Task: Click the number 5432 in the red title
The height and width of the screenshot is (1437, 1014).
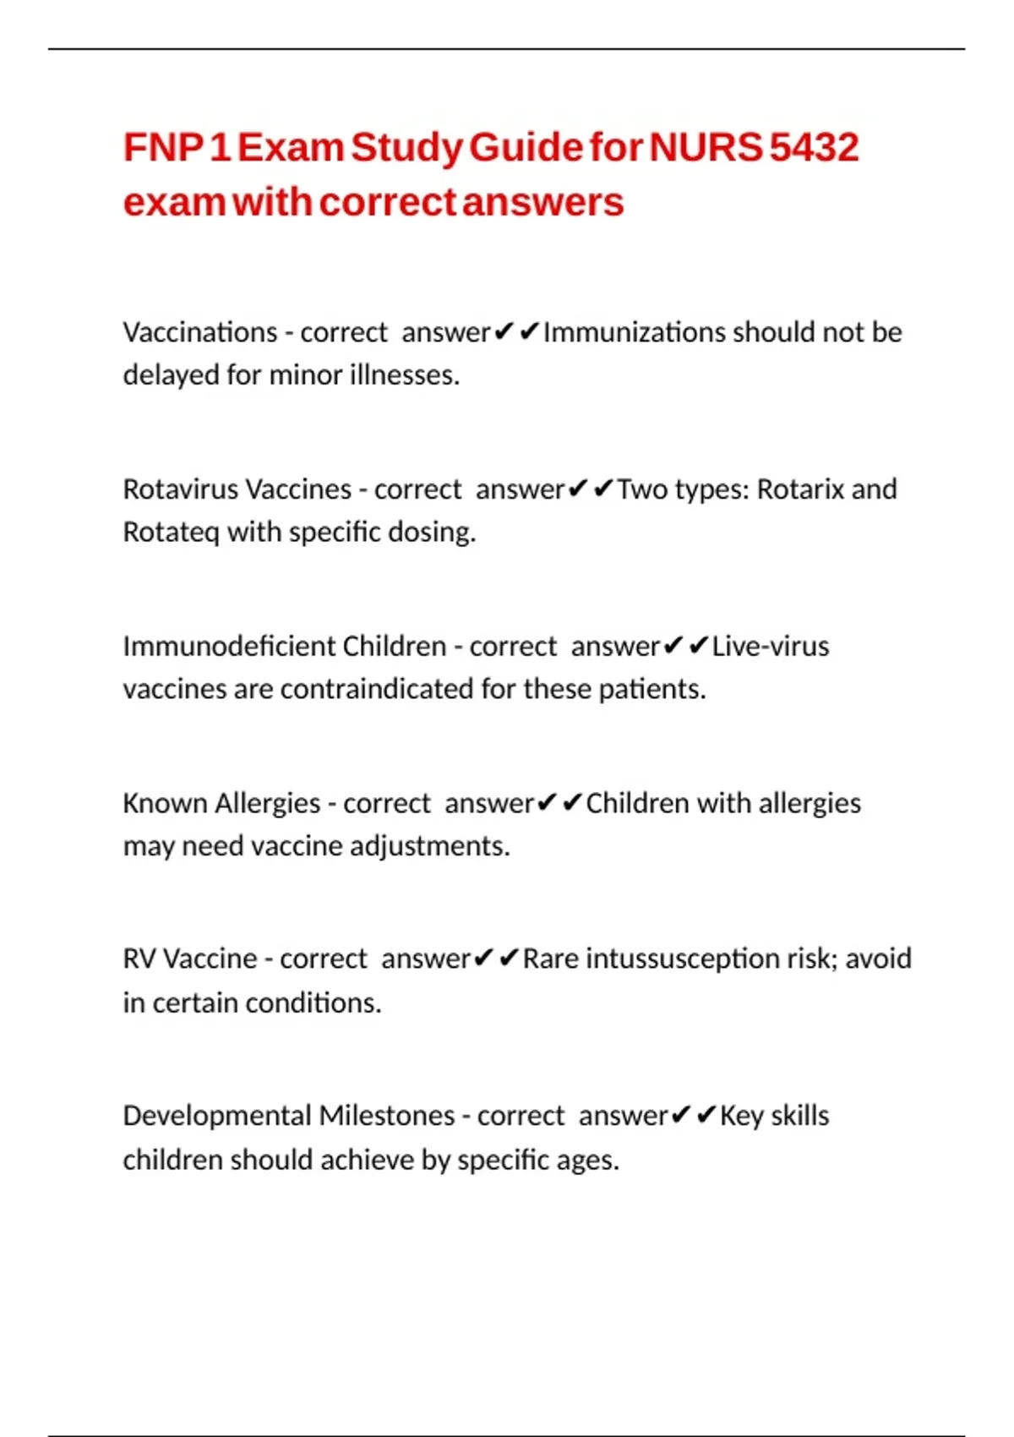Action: click(814, 148)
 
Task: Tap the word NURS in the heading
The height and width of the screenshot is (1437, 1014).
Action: click(706, 148)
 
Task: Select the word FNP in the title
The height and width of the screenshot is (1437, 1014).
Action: click(162, 148)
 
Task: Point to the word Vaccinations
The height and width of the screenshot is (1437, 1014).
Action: click(200, 332)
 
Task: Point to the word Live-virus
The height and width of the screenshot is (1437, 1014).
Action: click(770, 647)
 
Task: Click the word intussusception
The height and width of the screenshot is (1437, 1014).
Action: click(682, 959)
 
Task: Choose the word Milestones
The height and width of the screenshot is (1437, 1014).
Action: click(387, 1116)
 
